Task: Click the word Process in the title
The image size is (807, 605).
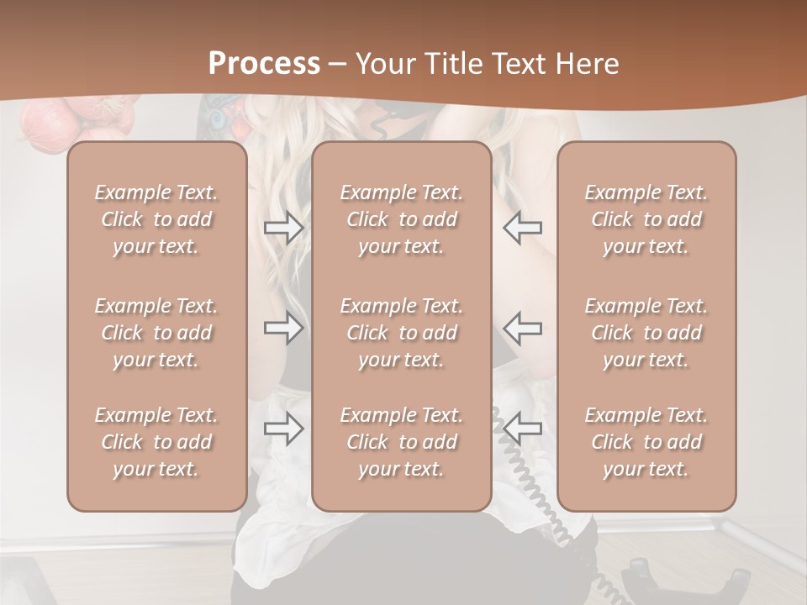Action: click(x=264, y=64)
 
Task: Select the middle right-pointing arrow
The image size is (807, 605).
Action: click(x=283, y=328)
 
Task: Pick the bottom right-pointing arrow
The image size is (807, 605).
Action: click(x=283, y=429)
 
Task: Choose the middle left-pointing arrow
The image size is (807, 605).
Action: click(x=522, y=328)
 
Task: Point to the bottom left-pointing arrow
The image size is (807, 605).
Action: click(x=522, y=429)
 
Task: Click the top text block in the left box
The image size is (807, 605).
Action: click(x=156, y=219)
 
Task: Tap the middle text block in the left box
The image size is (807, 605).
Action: click(x=156, y=333)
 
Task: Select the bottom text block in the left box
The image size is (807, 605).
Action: click(x=156, y=442)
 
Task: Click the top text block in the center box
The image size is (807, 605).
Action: click(x=402, y=219)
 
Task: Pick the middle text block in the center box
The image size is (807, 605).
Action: click(x=402, y=333)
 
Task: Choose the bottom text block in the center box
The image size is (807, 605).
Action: click(x=402, y=442)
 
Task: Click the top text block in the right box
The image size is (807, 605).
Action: click(x=646, y=219)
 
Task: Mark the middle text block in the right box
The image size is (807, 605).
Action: click(x=646, y=333)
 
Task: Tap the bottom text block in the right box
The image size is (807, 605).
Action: click(x=646, y=442)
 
